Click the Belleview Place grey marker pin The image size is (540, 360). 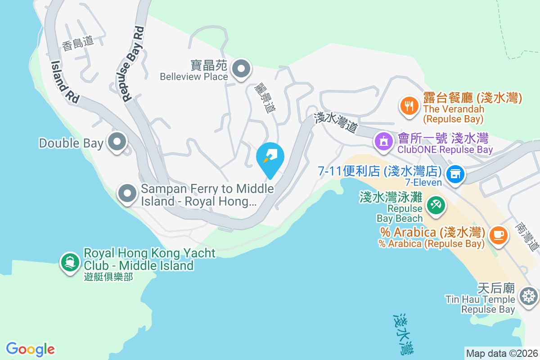click(241, 69)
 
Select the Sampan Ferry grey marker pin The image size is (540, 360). click(127, 194)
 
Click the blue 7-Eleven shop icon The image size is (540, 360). click(455, 173)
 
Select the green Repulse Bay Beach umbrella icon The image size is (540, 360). click(435, 205)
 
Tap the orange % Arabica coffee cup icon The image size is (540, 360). click(498, 234)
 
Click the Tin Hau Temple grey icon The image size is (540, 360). click(528, 296)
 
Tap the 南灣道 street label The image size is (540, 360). click(527, 236)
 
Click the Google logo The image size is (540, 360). click(30, 349)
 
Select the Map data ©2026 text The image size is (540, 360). click(501, 353)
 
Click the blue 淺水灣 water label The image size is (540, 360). click(403, 333)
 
